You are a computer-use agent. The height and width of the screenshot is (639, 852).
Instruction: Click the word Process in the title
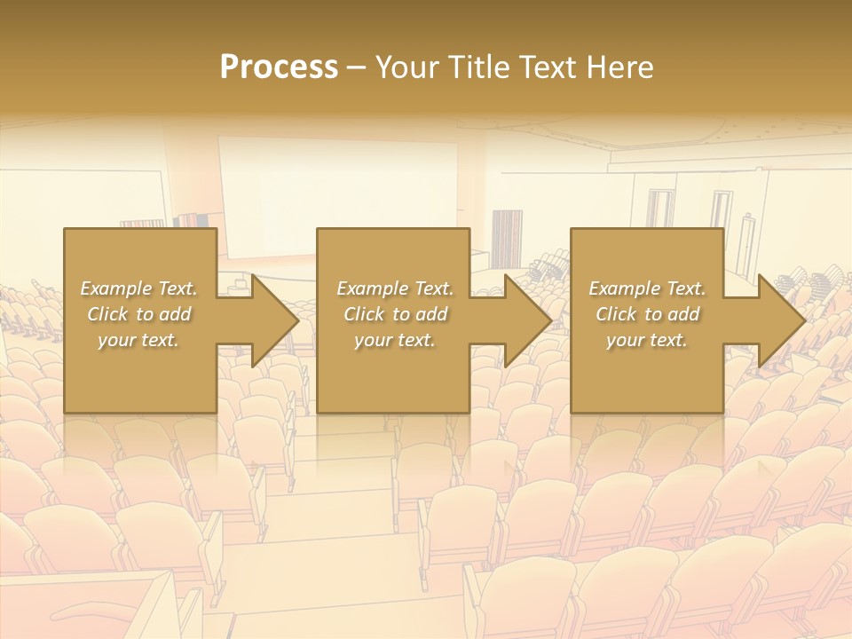coord(279,67)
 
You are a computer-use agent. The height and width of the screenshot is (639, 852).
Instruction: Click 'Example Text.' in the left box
coord(138,288)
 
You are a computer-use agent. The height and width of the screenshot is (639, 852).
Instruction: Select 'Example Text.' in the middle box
coord(395,288)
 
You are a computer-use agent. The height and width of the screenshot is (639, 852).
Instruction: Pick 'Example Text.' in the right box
coord(647,288)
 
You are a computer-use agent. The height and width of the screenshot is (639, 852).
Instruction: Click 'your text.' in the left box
coord(138,340)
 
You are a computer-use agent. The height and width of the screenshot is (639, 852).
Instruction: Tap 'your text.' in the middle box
coord(395,340)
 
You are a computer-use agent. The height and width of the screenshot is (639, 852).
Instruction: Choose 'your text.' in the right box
coord(647,340)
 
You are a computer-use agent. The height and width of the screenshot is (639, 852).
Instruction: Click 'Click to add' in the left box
coord(138,314)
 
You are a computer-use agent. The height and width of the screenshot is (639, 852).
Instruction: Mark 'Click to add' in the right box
coord(647,314)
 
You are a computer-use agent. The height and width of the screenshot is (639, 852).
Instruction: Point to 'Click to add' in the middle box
coord(395,314)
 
